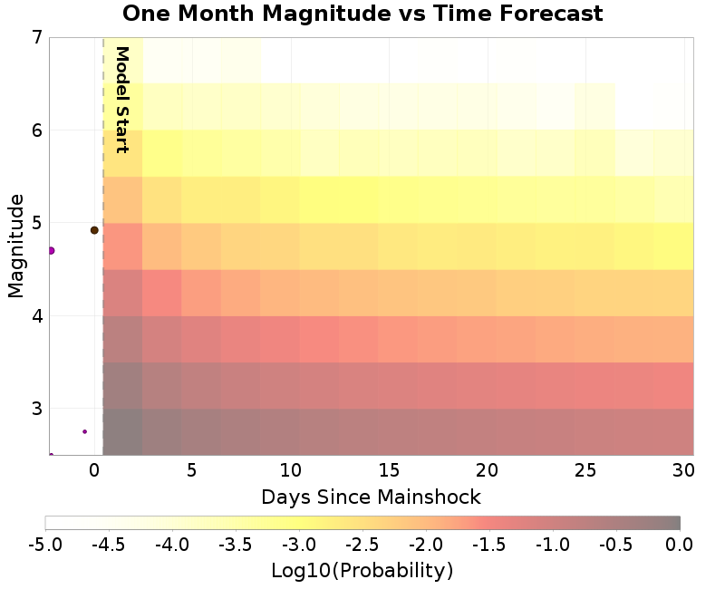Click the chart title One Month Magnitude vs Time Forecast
[362, 14]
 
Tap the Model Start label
[122, 100]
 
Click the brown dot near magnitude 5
[94, 230]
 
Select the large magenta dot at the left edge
[52, 250]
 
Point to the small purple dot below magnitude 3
[84, 431]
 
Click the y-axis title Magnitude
[15, 246]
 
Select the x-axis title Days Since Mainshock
[371, 497]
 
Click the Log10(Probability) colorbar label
[362, 571]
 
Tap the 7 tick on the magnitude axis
[37, 38]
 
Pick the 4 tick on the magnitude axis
[37, 316]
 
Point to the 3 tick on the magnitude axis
[37, 409]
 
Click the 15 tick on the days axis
[389, 471]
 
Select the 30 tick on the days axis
[683, 471]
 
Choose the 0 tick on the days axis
[94, 471]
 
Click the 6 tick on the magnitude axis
[37, 130]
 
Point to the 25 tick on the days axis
[585, 471]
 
